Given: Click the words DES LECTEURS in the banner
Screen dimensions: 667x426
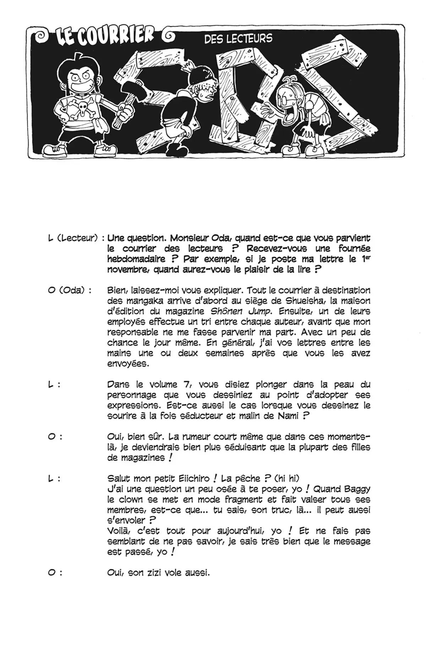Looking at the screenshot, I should [x=238, y=39].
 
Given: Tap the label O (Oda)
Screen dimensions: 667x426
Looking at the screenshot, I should [x=70, y=291].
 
